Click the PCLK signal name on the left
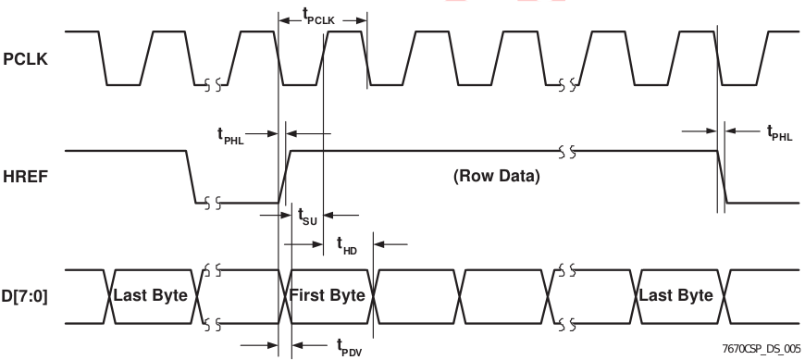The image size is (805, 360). coord(25,59)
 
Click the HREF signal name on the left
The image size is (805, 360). coord(25,177)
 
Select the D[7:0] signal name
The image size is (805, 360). coord(25,296)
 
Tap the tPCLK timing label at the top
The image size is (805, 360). coord(319,17)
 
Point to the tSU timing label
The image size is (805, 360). coord(307,216)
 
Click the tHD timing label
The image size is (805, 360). coord(347,245)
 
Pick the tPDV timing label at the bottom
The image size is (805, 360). coord(350,348)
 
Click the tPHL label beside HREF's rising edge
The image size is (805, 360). coord(230,135)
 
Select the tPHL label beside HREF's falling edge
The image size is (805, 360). coord(780,132)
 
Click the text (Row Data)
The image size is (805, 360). coord(497,176)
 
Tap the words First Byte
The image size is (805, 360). coord(328,295)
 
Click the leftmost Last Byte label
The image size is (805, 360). coord(151,296)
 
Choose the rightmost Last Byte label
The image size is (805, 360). coord(676,295)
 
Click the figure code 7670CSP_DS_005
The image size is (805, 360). coord(762,349)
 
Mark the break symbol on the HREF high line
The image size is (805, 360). coord(567,152)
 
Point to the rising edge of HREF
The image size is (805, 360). coord(285,177)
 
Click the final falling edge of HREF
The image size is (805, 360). coord(722,177)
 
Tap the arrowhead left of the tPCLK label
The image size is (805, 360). coord(283,20)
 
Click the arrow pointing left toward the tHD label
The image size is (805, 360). coord(390,244)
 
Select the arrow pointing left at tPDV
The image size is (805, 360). coord(310,345)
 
